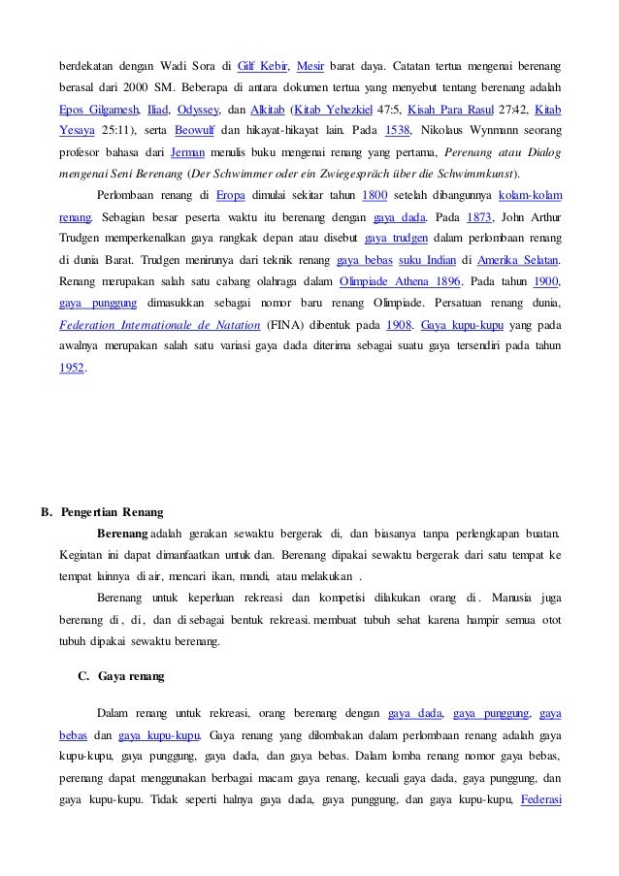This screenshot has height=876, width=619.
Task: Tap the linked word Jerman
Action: tap(187, 153)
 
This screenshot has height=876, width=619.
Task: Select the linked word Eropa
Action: tap(230, 196)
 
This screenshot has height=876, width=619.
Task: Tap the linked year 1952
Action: tap(71, 370)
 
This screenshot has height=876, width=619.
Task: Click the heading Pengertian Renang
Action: tap(111, 511)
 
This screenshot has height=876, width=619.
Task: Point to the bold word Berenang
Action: tap(122, 533)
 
